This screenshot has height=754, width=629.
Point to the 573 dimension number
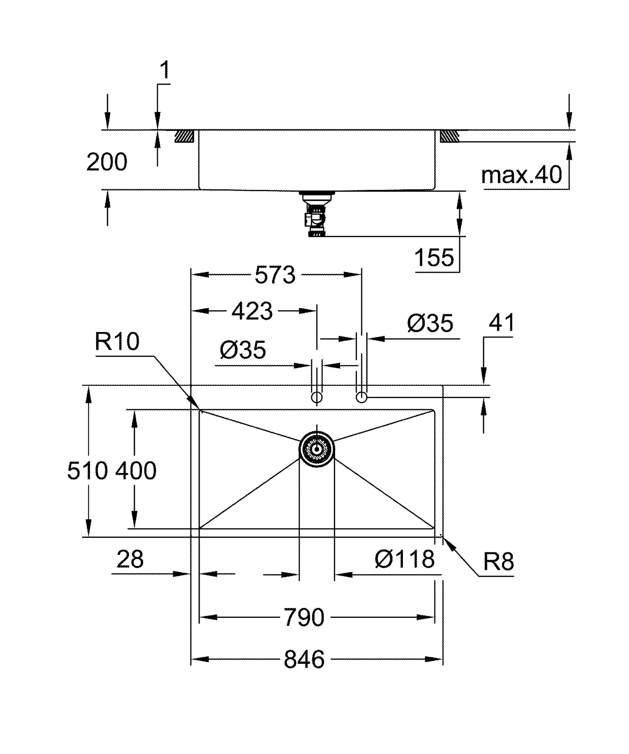point(275,275)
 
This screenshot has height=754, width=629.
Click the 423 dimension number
point(252,311)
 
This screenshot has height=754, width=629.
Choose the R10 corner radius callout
point(117,341)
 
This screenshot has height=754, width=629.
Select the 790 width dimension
point(304,617)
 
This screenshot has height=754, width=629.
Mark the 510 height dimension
point(88,471)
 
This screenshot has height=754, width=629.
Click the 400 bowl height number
point(136,471)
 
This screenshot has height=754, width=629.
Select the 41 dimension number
point(501,323)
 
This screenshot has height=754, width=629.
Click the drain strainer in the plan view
point(317,449)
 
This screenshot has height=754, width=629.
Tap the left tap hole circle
point(317,398)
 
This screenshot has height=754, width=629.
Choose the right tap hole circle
point(361,398)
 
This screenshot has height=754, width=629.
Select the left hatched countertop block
point(184,136)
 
